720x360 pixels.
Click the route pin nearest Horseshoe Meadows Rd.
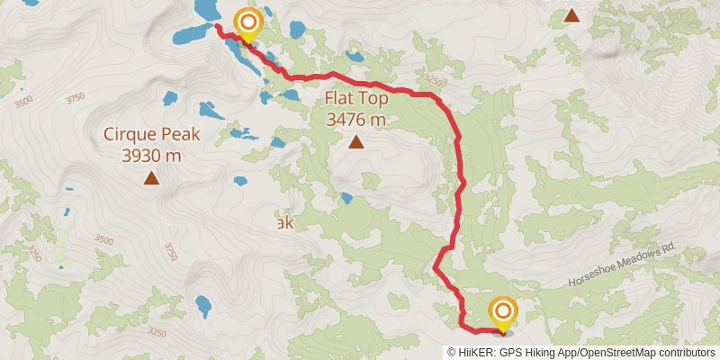[502, 314]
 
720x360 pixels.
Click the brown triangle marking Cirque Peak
[151, 178]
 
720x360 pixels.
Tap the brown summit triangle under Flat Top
[356, 141]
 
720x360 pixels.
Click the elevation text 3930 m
[151, 155]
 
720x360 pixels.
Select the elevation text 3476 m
[356, 119]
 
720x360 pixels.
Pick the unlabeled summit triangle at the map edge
[571, 14]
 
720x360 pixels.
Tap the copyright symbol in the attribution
[453, 352]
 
